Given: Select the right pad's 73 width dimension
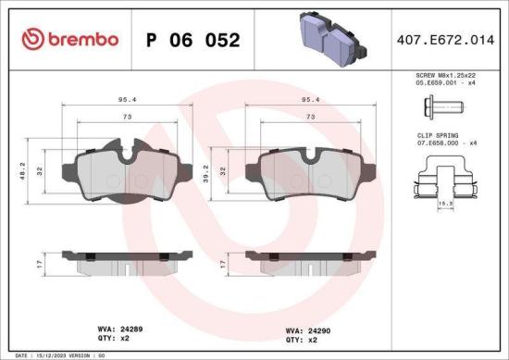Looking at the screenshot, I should [311, 118].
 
